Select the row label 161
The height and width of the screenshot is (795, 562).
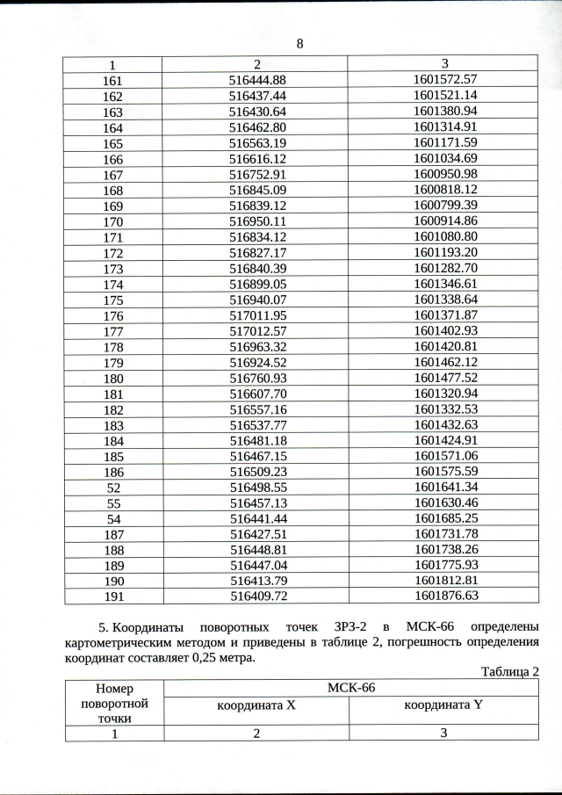coord(113,79)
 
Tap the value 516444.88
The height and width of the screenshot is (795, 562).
coord(257,79)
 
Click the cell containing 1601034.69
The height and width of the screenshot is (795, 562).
coord(444,158)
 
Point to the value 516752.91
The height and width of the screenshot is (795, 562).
coord(257,174)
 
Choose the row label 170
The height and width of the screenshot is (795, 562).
coord(113,221)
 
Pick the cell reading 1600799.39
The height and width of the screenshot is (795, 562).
coord(444,206)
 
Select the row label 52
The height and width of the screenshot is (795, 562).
coord(113,487)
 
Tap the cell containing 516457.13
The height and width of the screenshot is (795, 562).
coord(257,502)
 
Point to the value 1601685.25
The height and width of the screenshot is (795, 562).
coord(444,518)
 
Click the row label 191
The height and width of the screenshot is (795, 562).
coord(113,596)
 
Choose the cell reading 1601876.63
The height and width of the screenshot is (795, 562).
coord(444,596)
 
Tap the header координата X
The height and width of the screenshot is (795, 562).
coord(256,705)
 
